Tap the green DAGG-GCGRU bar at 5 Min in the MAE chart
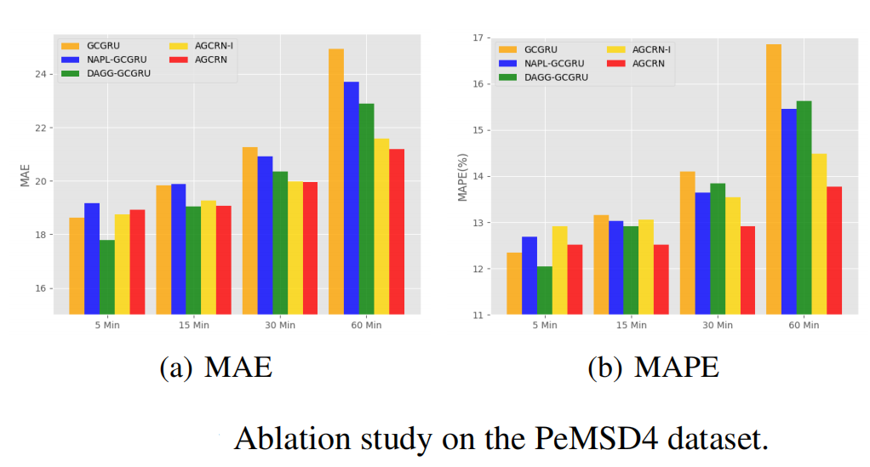pyautogui.click(x=107, y=276)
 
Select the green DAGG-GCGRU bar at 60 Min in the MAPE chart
pyautogui.click(x=803, y=208)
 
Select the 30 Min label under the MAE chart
pyautogui.click(x=280, y=325)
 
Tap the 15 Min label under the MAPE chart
pyautogui.click(x=631, y=326)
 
